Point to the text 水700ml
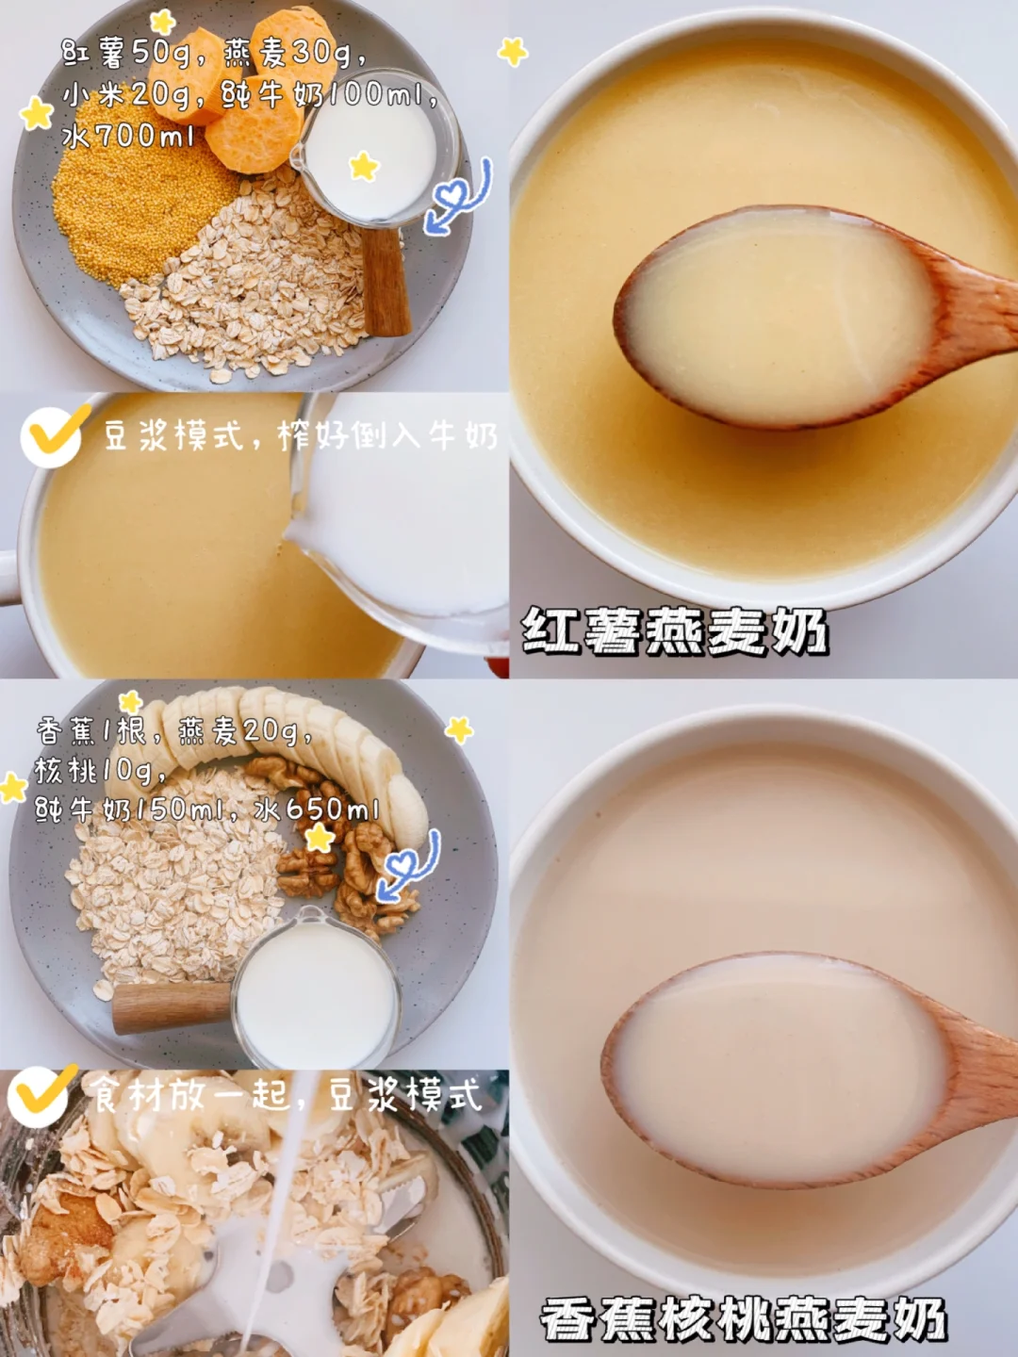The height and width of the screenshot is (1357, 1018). (127, 136)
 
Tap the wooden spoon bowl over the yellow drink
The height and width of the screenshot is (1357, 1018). (776, 316)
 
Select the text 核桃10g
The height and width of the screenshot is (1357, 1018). (100, 771)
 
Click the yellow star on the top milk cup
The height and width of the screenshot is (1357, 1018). (364, 166)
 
